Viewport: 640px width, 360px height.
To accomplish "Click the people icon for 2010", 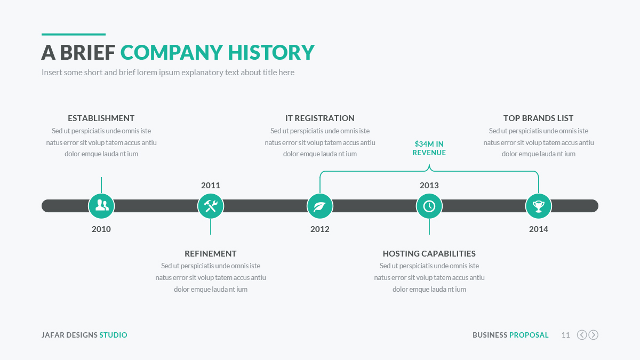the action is point(101,206).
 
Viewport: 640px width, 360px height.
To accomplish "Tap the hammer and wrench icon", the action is point(211,206).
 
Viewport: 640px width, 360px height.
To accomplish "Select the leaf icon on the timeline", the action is point(319,206).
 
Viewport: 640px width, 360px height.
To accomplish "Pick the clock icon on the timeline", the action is point(429,206).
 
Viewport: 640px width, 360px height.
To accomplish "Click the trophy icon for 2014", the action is point(538,206).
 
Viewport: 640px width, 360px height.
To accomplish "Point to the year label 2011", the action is point(211,186).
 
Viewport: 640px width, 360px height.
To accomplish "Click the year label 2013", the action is point(429,186).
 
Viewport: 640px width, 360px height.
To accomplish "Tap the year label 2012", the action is point(319,229).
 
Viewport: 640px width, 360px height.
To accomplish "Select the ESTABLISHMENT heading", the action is point(101,118).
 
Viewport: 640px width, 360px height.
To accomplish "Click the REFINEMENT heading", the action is point(211,253).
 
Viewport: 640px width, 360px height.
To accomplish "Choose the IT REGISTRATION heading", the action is point(319,118).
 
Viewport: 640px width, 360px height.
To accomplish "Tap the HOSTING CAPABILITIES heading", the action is point(429,253).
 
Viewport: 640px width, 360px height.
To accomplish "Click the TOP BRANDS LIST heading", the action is point(538,118).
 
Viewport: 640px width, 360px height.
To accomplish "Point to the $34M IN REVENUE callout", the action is point(429,148).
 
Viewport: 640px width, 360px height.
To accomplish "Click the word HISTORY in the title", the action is point(271,52).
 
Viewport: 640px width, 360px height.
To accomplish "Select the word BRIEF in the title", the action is point(87,52).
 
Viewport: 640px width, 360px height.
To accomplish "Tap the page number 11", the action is point(566,335).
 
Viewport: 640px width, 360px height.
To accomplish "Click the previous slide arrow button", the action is point(582,335).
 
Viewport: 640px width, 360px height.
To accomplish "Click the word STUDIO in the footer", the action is point(113,335).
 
